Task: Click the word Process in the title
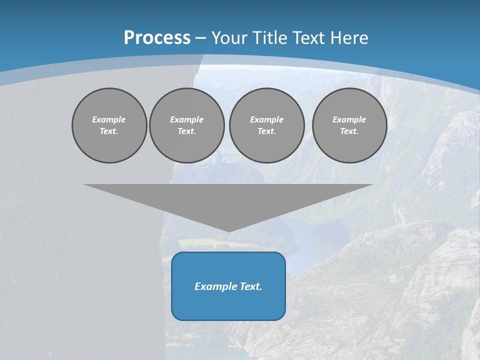point(157,38)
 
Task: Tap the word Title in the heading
point(269,38)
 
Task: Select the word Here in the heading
point(349,38)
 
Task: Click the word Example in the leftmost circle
point(109,119)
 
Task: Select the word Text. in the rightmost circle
point(349,131)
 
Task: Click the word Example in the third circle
point(266,119)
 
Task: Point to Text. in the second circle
point(187,131)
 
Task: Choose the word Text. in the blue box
point(251,286)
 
